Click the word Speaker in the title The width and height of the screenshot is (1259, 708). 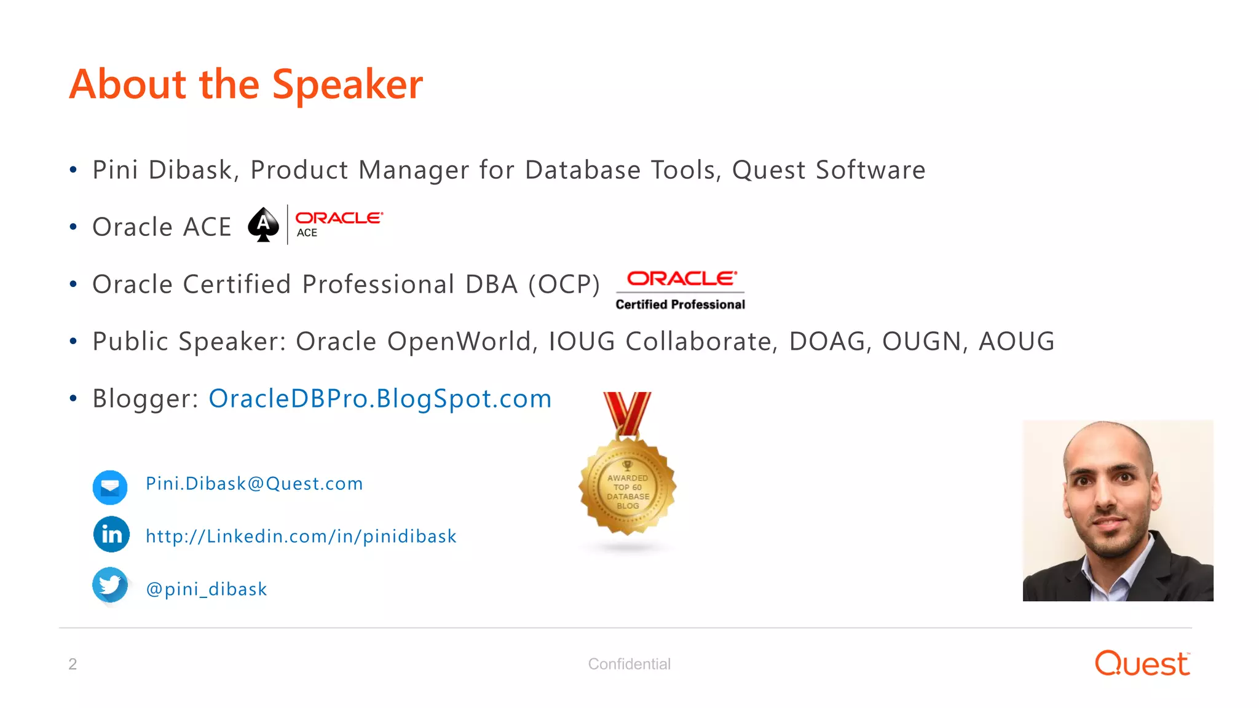[347, 85]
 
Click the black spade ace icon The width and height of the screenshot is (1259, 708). [263, 225]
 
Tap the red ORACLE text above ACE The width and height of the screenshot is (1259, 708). [339, 218]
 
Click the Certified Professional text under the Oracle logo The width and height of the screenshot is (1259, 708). [680, 304]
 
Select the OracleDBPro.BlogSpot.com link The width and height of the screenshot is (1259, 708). [380, 399]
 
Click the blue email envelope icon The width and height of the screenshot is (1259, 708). [110, 487]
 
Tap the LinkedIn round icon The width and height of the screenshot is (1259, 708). [111, 535]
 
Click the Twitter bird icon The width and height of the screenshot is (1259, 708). [110, 584]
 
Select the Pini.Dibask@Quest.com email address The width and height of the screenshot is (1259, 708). [254, 484]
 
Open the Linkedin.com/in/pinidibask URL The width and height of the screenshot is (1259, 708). [301, 537]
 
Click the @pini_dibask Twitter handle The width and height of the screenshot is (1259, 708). [206, 589]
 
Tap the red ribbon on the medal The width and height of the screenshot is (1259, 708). [627, 412]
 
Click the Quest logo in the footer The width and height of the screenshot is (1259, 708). [1142, 664]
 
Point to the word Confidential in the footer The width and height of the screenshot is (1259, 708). [629, 664]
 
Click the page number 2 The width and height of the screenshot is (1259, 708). [73, 664]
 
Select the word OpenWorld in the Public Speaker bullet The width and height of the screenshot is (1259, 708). [459, 342]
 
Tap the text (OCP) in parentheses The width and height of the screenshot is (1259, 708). [564, 285]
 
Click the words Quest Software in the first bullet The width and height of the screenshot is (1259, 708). [828, 170]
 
